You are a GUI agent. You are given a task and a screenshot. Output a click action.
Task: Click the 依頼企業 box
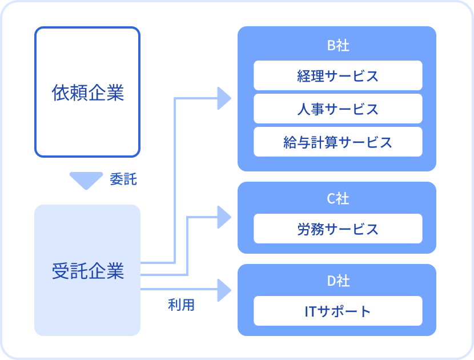pyautogui.click(x=87, y=92)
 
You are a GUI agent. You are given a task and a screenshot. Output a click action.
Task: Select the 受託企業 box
pyautogui.click(x=87, y=270)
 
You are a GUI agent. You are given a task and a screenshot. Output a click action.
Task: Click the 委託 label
pyautogui.click(x=123, y=179)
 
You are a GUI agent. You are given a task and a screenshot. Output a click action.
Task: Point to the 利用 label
pyautogui.click(x=181, y=305)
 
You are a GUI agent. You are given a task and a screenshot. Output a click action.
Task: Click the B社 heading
pyautogui.click(x=338, y=45)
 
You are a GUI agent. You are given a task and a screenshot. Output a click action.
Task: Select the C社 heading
pyautogui.click(x=338, y=199)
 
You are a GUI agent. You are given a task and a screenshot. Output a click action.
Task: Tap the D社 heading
pyautogui.click(x=338, y=281)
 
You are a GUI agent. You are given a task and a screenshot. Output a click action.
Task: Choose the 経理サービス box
pyautogui.click(x=338, y=75)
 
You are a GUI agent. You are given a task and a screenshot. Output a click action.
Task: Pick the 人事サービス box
pyautogui.click(x=338, y=109)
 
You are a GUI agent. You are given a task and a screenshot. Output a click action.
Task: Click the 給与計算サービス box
pyautogui.click(x=338, y=142)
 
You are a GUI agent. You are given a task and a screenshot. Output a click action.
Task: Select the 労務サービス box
pyautogui.click(x=338, y=229)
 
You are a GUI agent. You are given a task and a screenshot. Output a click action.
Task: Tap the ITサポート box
pyautogui.click(x=338, y=311)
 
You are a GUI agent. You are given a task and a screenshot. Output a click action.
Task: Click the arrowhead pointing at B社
pyautogui.click(x=224, y=98)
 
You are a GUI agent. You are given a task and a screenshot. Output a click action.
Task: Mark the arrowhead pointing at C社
pyautogui.click(x=224, y=217)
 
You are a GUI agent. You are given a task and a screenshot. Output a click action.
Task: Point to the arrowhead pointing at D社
pyautogui.click(x=224, y=290)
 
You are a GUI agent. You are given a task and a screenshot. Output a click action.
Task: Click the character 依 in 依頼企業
pyautogui.click(x=61, y=92)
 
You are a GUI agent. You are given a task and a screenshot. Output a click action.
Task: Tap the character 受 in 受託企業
pyautogui.click(x=61, y=270)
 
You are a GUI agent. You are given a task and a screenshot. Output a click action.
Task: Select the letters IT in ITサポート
pyautogui.click(x=311, y=311)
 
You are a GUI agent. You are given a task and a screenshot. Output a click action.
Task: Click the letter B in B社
pyautogui.click(x=331, y=45)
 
